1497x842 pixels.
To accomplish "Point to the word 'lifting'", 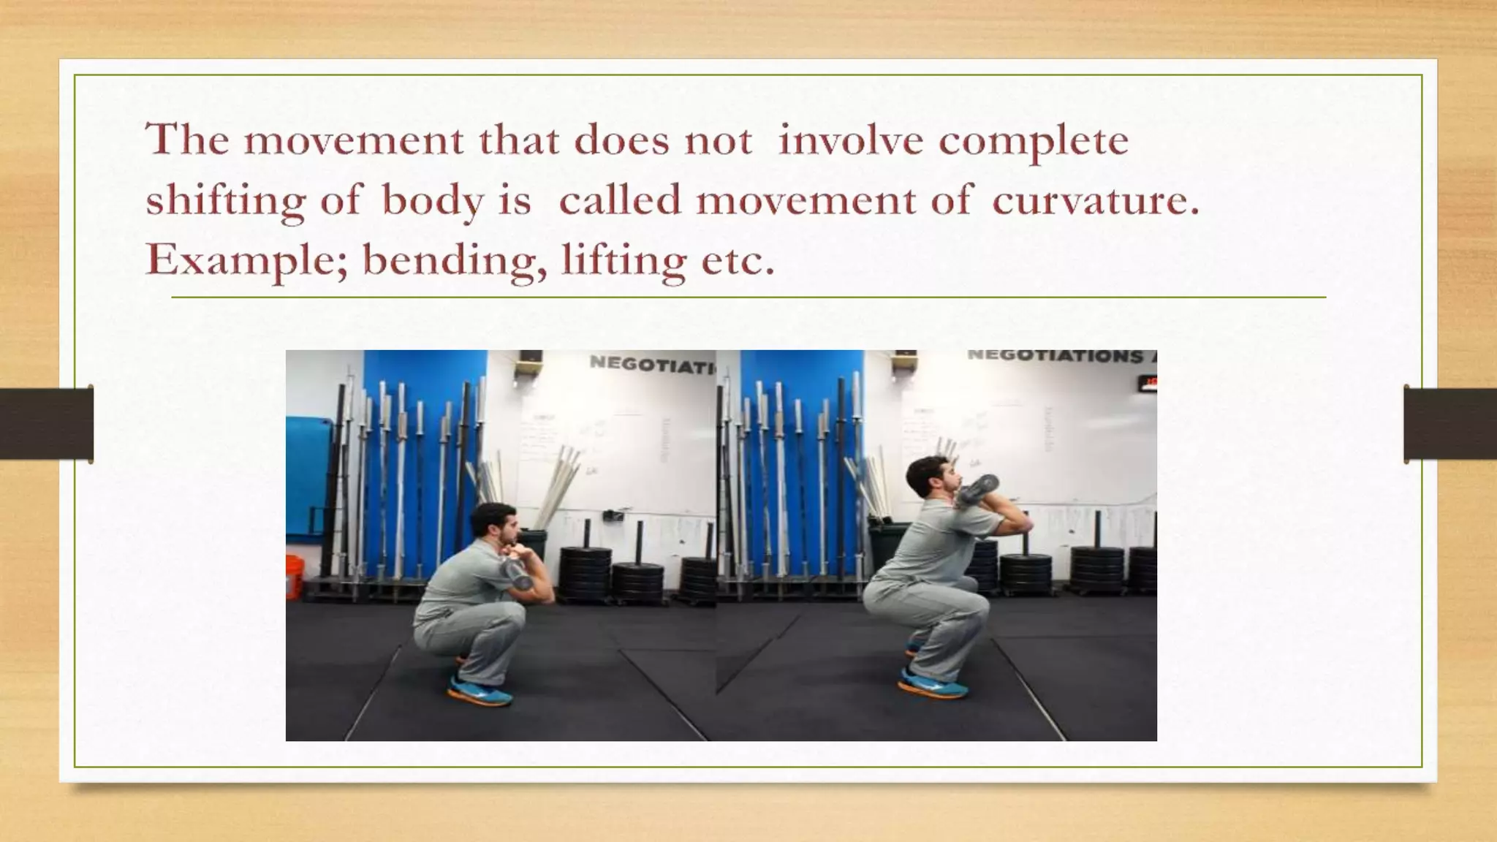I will [623, 260].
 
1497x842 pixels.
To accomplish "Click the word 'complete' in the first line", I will [1034, 140].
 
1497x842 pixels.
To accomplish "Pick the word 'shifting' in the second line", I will [224, 200].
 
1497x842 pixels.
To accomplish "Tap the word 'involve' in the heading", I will [850, 140].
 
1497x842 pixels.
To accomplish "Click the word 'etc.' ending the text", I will [738, 260].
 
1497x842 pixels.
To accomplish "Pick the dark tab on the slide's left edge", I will [47, 424].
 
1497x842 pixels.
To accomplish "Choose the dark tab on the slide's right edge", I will [1450, 424].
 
